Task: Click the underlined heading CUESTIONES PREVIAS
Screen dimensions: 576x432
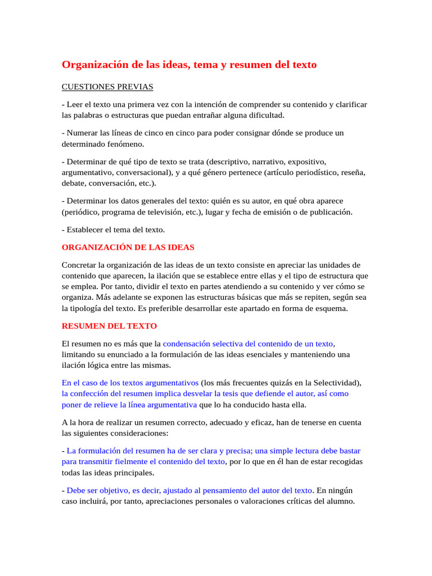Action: [107, 87]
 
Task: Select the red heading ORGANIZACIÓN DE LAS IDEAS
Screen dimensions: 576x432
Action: [128, 247]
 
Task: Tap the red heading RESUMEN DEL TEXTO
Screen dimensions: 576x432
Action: [109, 326]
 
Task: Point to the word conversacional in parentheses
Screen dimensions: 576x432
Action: [142, 172]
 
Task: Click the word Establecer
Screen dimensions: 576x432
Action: [85, 229]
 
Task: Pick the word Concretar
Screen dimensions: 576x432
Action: [79, 264]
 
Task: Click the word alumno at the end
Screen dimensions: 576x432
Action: [340, 501]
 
